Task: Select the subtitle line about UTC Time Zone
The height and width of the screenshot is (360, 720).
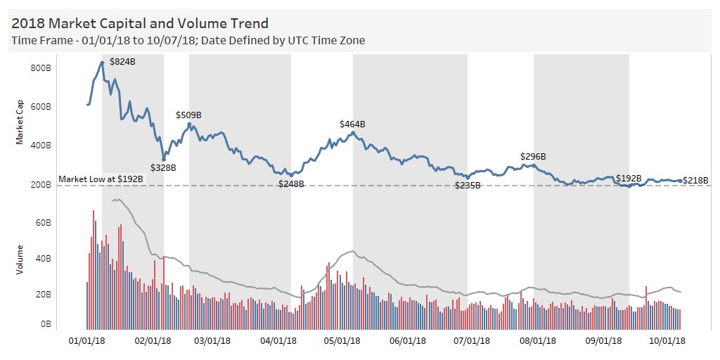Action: pos(188,41)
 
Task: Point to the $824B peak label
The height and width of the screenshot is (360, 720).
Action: pos(122,62)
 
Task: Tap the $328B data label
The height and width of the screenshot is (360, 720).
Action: pos(163,168)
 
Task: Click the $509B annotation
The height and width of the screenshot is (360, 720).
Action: pos(188,115)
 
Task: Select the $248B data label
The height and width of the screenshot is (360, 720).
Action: pos(291,184)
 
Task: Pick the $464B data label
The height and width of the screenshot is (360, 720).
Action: pos(352,124)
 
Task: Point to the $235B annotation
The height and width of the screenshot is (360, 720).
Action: pos(468,186)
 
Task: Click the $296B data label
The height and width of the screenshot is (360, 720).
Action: pos(533,157)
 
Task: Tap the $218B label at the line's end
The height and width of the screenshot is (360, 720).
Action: pos(695,181)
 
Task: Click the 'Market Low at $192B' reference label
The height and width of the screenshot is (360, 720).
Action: pos(101,179)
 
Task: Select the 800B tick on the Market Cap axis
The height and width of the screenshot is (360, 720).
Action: pos(40,68)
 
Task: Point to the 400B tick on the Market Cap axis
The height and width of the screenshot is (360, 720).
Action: pos(40,146)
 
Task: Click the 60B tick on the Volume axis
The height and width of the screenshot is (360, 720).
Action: pos(42,223)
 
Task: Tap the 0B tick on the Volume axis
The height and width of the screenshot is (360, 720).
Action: pos(44,325)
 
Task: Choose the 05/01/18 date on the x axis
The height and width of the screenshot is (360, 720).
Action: pos(339,341)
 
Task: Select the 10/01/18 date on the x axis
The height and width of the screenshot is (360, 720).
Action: pos(666,341)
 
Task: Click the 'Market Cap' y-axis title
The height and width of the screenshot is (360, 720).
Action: pos(20,126)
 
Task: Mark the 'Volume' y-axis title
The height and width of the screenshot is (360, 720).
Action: pos(20,259)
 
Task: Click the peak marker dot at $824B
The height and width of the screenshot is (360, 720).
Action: pos(102,63)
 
